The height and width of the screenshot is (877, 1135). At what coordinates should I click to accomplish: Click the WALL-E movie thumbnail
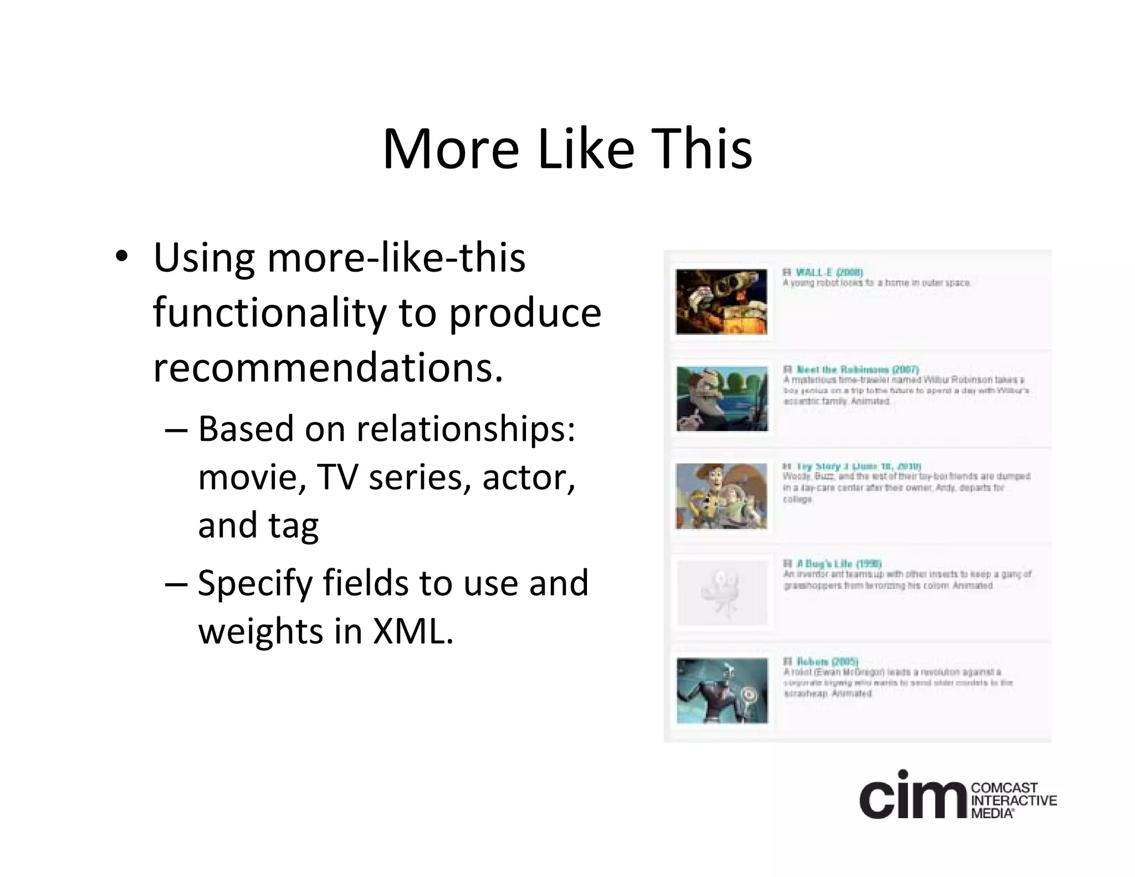[x=722, y=302]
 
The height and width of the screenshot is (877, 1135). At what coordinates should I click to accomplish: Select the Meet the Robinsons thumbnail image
[x=722, y=399]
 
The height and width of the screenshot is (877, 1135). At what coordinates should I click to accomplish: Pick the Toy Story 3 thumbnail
[x=722, y=496]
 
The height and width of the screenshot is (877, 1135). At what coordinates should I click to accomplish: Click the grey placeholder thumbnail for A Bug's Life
[x=722, y=593]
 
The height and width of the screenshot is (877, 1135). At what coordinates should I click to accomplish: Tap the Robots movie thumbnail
[x=722, y=691]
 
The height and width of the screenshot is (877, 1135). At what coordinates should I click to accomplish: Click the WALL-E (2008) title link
[x=829, y=272]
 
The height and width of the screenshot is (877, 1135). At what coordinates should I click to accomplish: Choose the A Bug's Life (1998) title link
[x=839, y=564]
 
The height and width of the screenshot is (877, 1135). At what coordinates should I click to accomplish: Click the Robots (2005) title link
[x=827, y=661]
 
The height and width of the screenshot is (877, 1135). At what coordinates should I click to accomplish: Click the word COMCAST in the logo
[x=1004, y=788]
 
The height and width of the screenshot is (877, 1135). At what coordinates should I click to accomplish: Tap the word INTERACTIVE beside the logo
[x=1014, y=800]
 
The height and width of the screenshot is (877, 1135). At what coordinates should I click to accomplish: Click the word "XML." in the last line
[x=413, y=631]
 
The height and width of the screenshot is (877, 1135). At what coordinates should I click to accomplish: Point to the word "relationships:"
[x=466, y=429]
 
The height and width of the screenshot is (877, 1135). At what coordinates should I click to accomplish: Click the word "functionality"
[x=269, y=313]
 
